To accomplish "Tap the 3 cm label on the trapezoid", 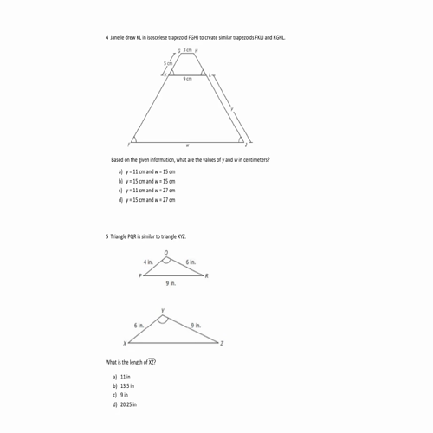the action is (187, 52).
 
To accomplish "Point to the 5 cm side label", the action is (168, 64).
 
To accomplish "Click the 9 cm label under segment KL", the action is (187, 79).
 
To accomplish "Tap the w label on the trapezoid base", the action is (188, 145).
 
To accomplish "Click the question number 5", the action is (107, 236).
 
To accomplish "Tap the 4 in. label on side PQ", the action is (148, 262).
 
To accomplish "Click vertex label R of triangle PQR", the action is (207, 275).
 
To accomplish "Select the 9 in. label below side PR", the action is (171, 283).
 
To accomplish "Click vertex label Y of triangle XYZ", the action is (162, 310).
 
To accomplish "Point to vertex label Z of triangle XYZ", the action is (223, 344).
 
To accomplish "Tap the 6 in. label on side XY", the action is (139, 325).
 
